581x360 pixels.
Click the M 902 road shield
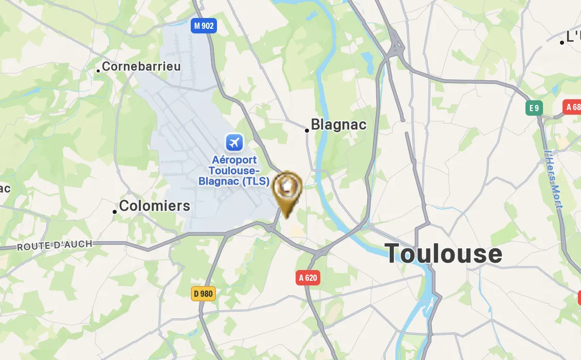[204, 26]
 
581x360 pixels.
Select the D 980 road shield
[203, 294]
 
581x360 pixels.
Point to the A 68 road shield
[573, 107]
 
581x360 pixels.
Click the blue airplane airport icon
[234, 142]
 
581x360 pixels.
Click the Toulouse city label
[443, 254]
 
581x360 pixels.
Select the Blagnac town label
[339, 124]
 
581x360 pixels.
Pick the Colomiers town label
[154, 206]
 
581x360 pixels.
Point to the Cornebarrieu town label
[141, 66]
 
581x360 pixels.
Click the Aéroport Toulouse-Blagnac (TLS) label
[234, 171]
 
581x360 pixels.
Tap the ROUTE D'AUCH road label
[55, 246]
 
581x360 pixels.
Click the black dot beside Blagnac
[307, 131]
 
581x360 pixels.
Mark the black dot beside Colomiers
[115, 212]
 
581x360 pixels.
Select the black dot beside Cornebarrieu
[98, 71]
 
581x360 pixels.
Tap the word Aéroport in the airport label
[234, 160]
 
